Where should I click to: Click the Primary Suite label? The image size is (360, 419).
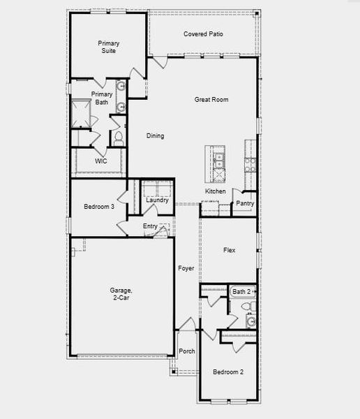[x=107, y=47]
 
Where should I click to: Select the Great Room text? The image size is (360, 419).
[x=211, y=100]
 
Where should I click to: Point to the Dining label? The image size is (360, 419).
[x=156, y=135]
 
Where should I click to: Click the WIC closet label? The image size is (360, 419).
[x=101, y=161]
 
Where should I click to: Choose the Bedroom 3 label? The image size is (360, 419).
[x=98, y=207]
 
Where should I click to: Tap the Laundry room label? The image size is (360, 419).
[x=157, y=200]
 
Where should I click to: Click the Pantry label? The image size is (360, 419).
[x=245, y=204]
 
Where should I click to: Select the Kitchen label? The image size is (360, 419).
[x=215, y=191]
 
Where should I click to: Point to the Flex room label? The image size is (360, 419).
[x=229, y=250]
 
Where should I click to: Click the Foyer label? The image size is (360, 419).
[x=186, y=268]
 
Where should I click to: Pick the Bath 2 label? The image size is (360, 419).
[x=242, y=291]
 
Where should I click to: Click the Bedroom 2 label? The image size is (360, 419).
[x=228, y=372]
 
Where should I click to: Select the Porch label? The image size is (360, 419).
[x=187, y=351]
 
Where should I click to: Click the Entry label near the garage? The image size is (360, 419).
[x=150, y=226]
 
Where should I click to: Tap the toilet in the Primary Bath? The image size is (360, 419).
[x=118, y=137]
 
